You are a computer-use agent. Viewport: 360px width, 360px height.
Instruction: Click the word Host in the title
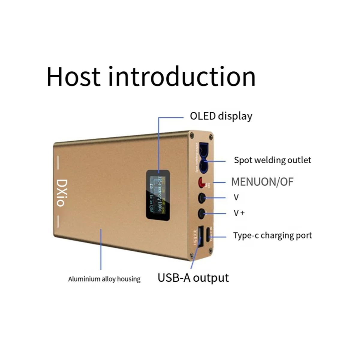[73, 76]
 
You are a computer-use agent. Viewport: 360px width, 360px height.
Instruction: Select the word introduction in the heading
[182, 76]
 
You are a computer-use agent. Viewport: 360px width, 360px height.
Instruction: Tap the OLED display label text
[221, 116]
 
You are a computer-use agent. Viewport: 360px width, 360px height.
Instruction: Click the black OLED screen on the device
[158, 194]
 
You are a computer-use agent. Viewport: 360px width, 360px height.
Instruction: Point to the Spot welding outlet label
[272, 160]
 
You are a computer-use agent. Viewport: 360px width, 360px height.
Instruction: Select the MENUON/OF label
[262, 182]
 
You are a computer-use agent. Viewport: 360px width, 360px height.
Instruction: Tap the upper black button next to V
[202, 197]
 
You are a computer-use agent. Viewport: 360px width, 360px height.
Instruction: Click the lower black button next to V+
[202, 213]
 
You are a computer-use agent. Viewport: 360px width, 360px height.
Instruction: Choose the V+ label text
[239, 213]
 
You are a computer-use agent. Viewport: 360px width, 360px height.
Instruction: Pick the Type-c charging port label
[272, 235]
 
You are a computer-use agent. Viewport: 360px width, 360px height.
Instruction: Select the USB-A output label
[193, 278]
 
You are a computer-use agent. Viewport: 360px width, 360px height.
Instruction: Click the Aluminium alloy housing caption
[104, 279]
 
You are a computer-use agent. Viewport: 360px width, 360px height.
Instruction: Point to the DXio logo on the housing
[61, 193]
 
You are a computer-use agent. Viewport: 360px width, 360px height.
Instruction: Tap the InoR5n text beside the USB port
[195, 237]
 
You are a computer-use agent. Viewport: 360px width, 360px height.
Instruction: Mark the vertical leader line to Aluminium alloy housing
[101, 249]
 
